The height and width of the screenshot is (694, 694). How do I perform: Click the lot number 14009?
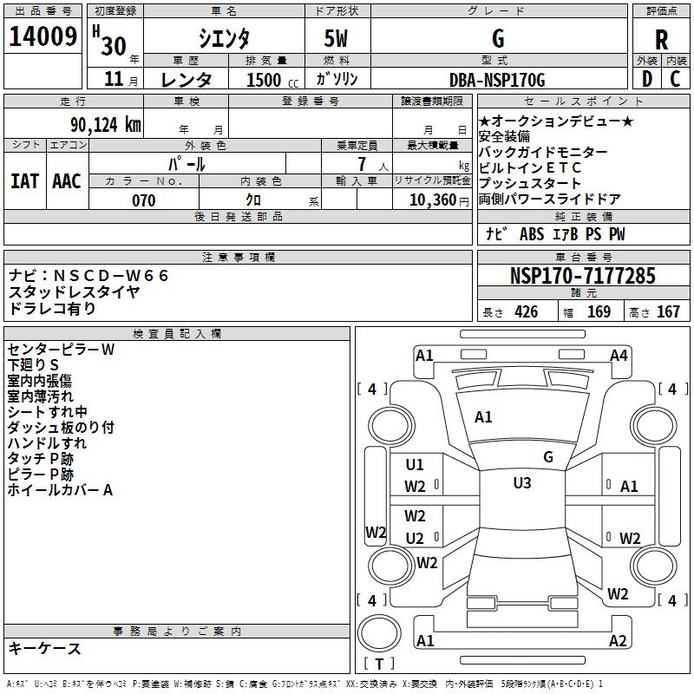pos(43,36)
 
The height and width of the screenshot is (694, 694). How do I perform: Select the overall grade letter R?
pos(661,40)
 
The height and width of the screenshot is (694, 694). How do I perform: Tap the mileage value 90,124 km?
pos(105,125)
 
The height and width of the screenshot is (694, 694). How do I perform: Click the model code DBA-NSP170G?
pos(497,80)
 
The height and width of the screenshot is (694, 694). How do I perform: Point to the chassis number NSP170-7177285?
pos(582,276)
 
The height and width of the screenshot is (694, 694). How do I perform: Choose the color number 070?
pos(144,200)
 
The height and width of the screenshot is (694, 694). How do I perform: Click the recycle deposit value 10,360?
pos(433,200)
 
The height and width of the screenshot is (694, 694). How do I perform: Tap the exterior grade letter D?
pos(647,79)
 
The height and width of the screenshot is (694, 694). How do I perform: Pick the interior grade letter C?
pos(675,79)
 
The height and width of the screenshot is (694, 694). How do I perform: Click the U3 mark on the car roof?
pos(522,483)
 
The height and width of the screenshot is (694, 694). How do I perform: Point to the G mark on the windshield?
pos(548,457)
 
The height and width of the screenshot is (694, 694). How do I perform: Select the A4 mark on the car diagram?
pos(619,356)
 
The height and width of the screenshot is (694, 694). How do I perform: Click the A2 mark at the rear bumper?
pos(618,641)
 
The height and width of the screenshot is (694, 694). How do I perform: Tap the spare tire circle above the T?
pos(379,633)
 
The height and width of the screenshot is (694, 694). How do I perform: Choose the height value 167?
pos(668,311)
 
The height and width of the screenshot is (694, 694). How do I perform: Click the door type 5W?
pos(336,38)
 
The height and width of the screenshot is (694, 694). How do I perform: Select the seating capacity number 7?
pos(363,164)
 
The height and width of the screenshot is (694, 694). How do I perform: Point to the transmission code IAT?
pos(25,181)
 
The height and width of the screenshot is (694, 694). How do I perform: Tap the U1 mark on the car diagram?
pos(415,465)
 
